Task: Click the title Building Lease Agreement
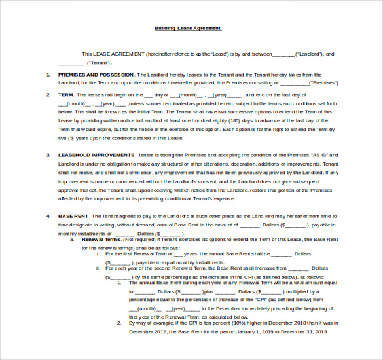188,28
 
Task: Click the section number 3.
48,155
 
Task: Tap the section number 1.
48,75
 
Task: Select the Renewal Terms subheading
100,240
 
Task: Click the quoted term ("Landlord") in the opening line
308,54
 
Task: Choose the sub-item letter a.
72,240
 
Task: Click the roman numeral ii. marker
98,268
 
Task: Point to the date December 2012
147,332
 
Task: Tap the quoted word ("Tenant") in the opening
98,63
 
